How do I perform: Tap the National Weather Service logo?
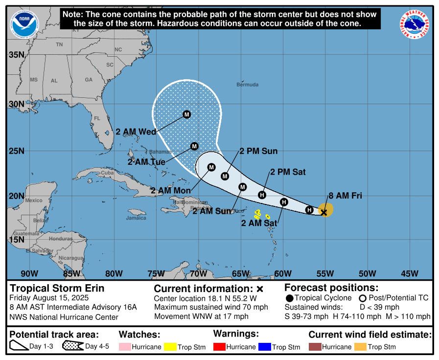coord(416,24)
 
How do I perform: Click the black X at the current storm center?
coord(323,212)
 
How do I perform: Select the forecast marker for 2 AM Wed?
coord(186,114)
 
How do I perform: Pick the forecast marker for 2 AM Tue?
coord(194,146)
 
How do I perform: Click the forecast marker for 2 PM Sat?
coord(262,195)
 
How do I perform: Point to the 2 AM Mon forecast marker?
coord(211,167)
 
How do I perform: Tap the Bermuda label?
coord(247,85)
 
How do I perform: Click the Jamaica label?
coord(136,218)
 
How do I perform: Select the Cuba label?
coord(107,173)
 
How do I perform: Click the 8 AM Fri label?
coord(345,196)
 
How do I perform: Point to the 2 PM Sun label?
coord(258,151)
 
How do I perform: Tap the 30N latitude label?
coord(16,104)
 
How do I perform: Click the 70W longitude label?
coord(198,273)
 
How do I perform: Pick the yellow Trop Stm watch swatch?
coord(170,347)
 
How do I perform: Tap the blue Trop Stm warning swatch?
coord(265,347)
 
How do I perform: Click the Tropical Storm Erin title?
coord(57,288)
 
